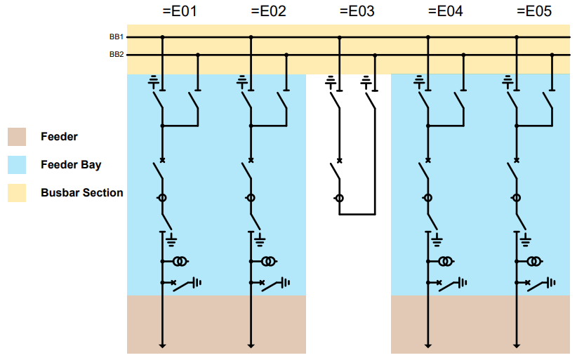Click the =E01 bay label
tap(180, 12)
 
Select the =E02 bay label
tap(268, 12)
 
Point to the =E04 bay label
tap(445, 12)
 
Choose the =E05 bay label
tap(533, 12)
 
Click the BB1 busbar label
tap(117, 36)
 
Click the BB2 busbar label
tap(117, 54)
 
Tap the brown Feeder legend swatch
tap(17, 137)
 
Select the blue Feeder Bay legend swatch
tap(17, 165)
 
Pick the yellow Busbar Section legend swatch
tap(17, 193)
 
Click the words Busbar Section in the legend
tap(81, 193)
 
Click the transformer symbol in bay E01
tap(180, 262)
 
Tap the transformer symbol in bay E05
tap(534, 262)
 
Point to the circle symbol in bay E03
tap(340, 199)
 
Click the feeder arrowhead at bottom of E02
tap(251, 345)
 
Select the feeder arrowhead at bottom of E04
tap(427, 345)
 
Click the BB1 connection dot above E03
tap(340, 37)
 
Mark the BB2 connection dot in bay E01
tap(198, 55)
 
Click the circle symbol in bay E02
tap(251, 199)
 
